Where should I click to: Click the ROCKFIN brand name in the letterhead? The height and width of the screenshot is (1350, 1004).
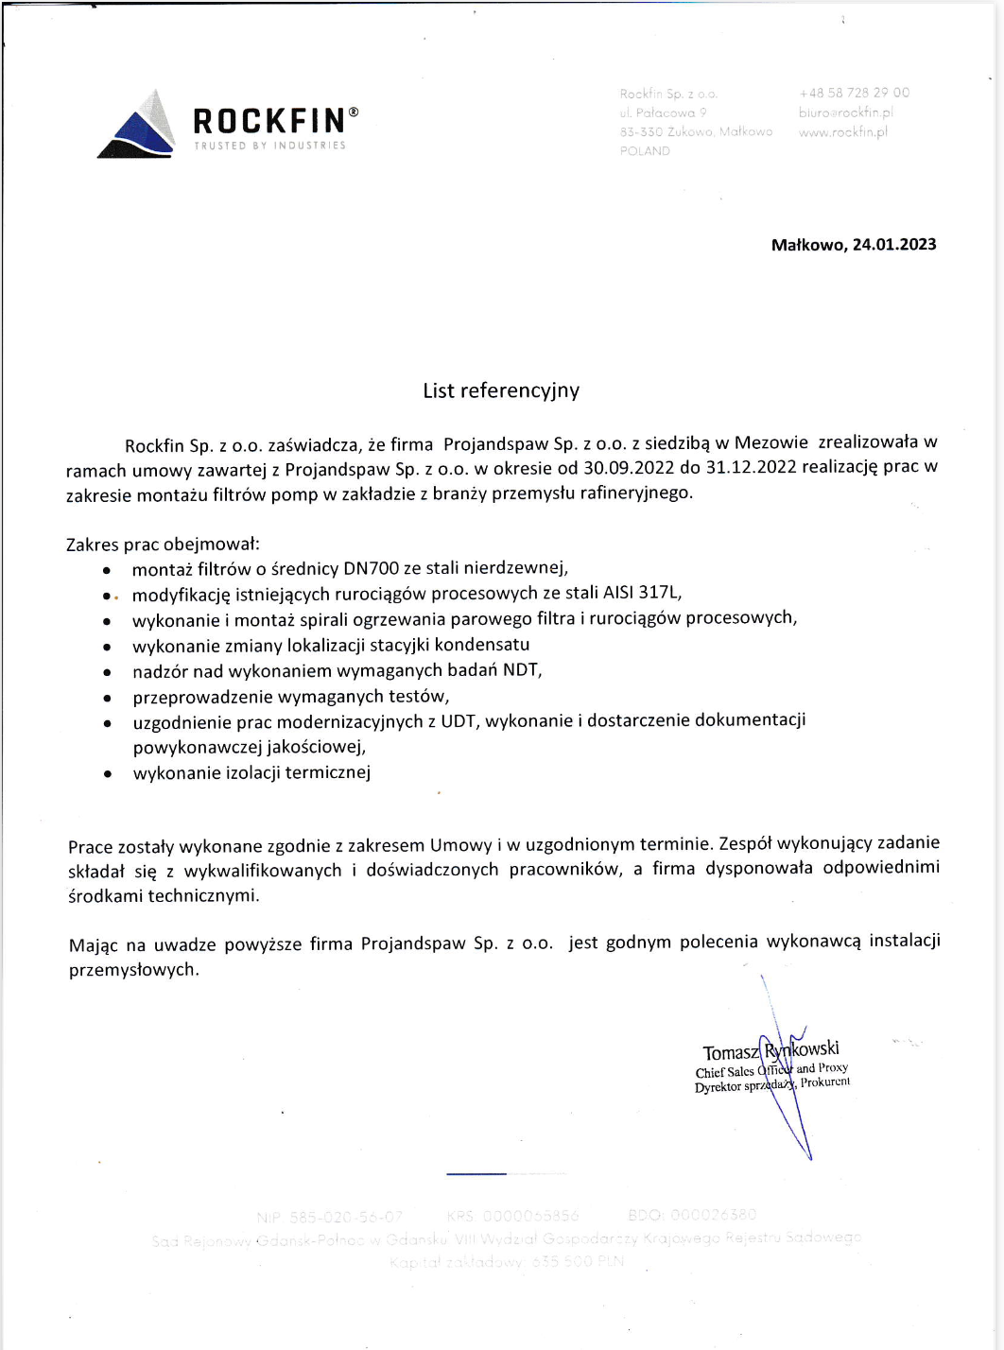[x=269, y=121]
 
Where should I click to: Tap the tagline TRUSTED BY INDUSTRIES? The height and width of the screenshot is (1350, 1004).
[x=269, y=146]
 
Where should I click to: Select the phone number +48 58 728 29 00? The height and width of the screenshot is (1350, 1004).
[x=854, y=93]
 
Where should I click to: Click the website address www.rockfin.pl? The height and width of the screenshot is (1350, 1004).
[x=842, y=131]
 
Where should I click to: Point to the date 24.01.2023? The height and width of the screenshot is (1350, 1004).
[x=894, y=245]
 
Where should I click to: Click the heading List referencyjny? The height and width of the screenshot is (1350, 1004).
[x=501, y=390]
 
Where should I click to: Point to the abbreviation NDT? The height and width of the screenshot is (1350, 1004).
[x=522, y=670]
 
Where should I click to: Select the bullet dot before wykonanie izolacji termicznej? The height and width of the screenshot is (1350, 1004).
[x=108, y=774]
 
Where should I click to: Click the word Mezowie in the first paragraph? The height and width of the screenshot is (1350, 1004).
[x=770, y=442]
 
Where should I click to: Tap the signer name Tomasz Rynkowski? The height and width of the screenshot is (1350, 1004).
[x=770, y=1050]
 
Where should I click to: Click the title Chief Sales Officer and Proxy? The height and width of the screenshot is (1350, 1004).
[x=770, y=1070]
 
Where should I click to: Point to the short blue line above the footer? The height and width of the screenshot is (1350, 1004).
[x=476, y=1173]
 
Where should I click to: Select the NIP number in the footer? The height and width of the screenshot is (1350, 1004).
[x=330, y=1216]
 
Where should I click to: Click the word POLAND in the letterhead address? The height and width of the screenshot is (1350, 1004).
[x=645, y=151]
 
